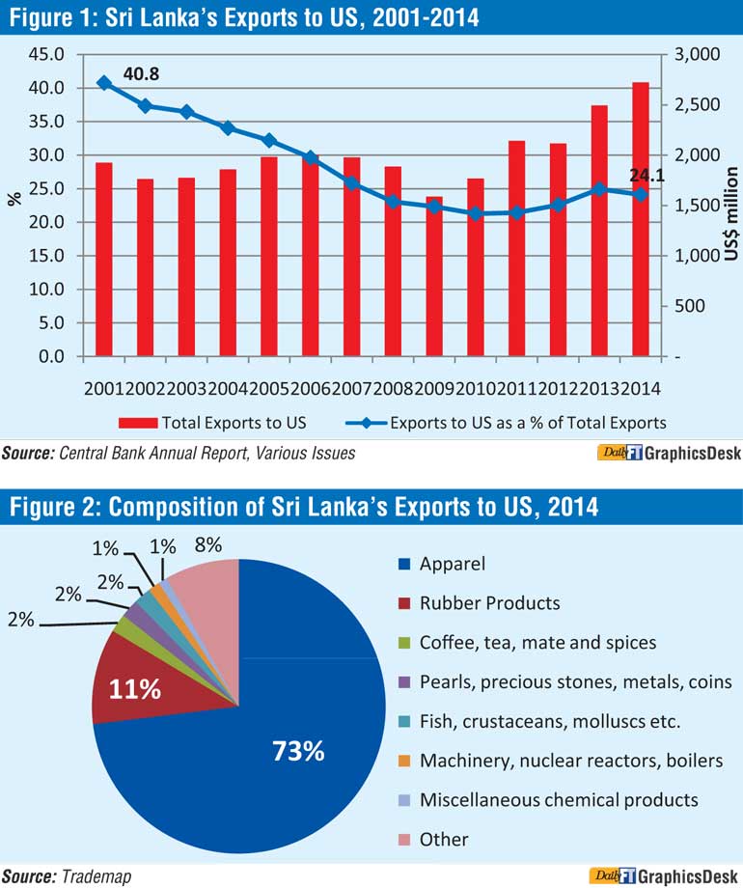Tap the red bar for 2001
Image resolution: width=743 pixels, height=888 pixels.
[103, 260]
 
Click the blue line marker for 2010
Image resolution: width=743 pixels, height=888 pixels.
[476, 213]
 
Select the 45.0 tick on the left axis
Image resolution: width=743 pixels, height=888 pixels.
[47, 55]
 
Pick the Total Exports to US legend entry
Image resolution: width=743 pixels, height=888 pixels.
[212, 422]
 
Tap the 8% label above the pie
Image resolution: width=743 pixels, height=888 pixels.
[207, 546]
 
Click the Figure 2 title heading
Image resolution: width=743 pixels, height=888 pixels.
[304, 505]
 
